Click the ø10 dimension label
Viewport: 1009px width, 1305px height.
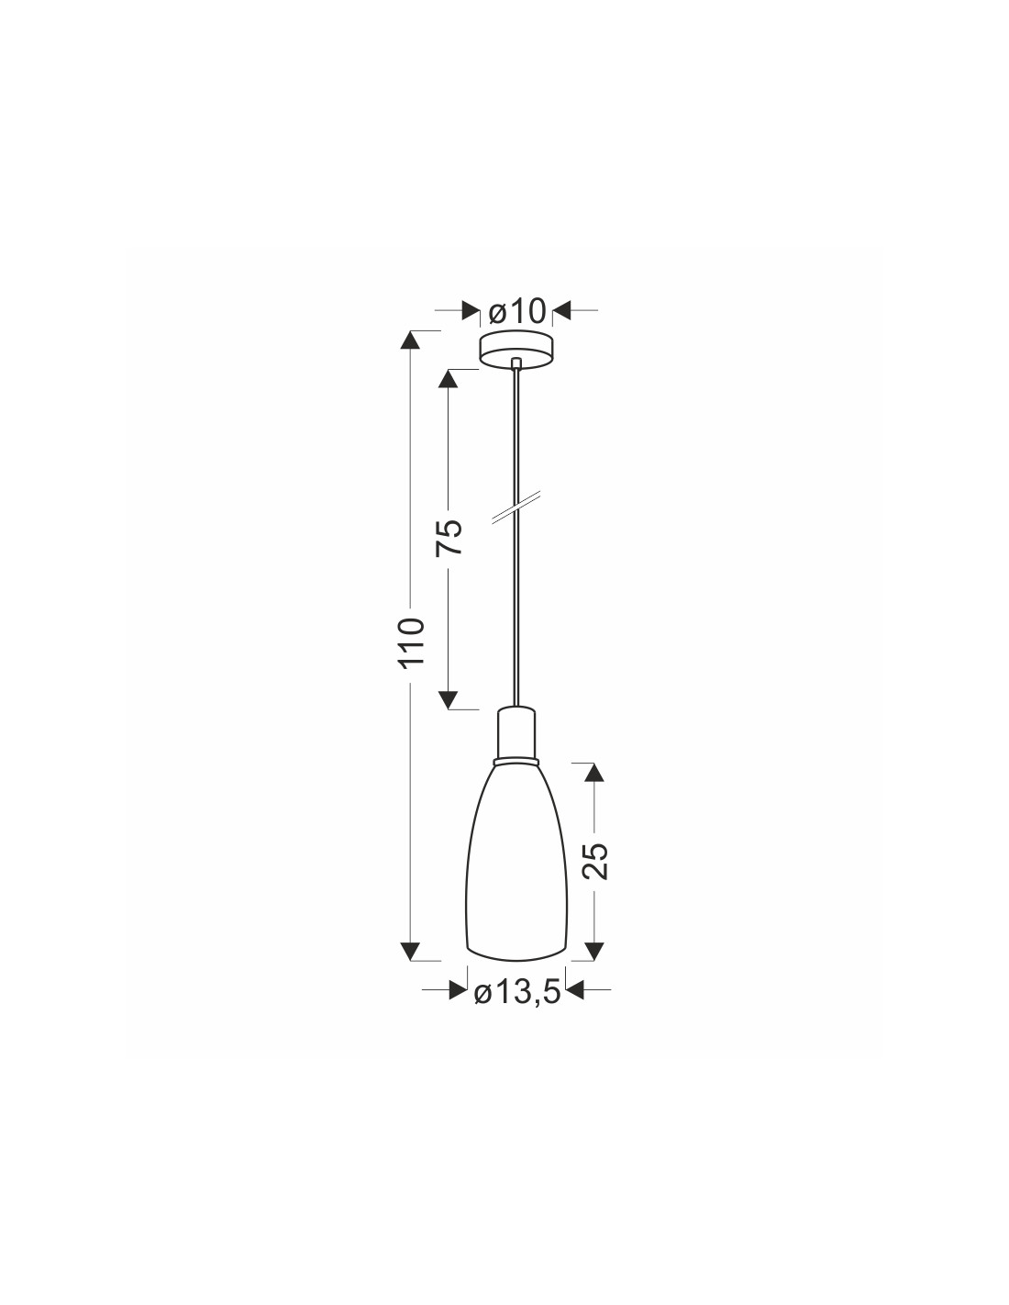click(x=516, y=311)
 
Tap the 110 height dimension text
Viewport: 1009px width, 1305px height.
click(x=413, y=641)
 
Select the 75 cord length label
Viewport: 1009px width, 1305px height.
click(x=449, y=537)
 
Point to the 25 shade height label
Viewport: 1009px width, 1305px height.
click(x=594, y=861)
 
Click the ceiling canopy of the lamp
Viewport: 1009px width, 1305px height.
click(x=516, y=351)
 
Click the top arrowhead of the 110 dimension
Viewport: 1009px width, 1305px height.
click(x=411, y=341)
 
